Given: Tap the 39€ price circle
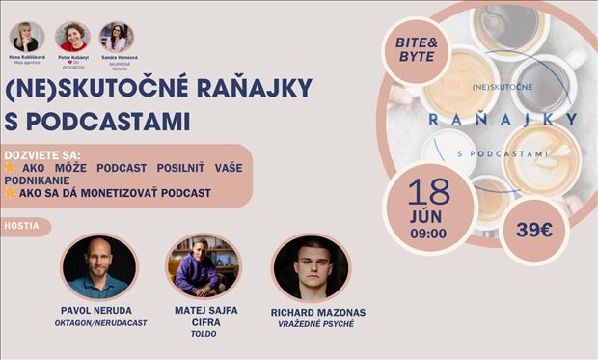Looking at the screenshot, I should tap(534, 230).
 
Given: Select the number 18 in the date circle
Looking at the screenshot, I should tap(428, 190).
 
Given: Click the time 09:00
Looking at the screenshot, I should tap(427, 233).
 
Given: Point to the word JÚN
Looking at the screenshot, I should tap(427, 214).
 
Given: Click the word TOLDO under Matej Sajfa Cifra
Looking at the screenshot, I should tap(203, 334).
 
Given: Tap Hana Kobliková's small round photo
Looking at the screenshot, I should tap(25, 37).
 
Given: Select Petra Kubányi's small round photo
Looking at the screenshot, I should tap(72, 37).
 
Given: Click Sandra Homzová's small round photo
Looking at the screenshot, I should tap(116, 37).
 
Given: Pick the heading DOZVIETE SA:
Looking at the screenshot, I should tap(42, 154).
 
